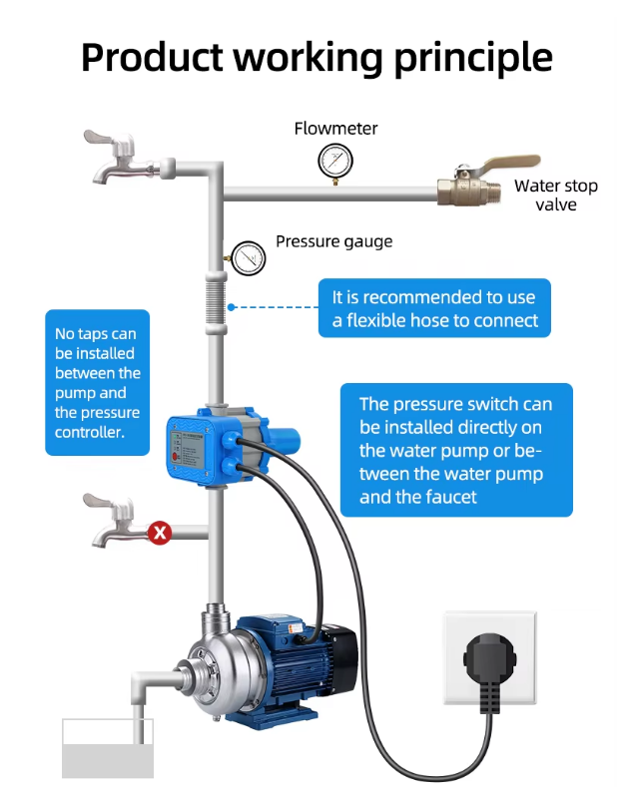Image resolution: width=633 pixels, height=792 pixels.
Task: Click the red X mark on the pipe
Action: click(160, 533)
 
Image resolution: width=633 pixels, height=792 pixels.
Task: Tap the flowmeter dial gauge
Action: click(335, 160)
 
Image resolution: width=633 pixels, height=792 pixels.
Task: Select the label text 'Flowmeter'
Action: click(335, 129)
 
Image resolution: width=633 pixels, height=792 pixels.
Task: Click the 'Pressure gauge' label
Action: click(333, 241)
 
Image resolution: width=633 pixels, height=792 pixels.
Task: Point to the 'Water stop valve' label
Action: click(556, 195)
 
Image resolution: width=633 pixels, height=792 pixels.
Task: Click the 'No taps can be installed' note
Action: click(97, 383)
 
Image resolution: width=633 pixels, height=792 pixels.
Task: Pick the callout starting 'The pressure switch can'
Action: click(456, 450)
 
